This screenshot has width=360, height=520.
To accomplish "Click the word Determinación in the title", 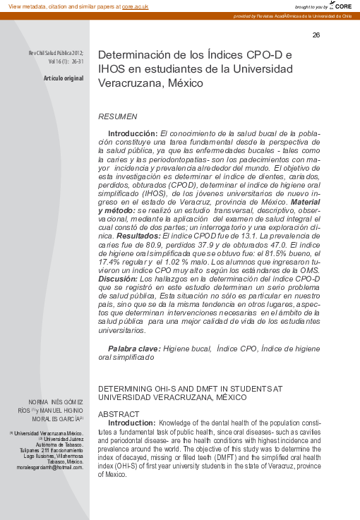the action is tap(133, 55).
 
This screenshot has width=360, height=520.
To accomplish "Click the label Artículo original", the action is tap(64, 78).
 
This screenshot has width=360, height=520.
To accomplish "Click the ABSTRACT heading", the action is tap(118, 414).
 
